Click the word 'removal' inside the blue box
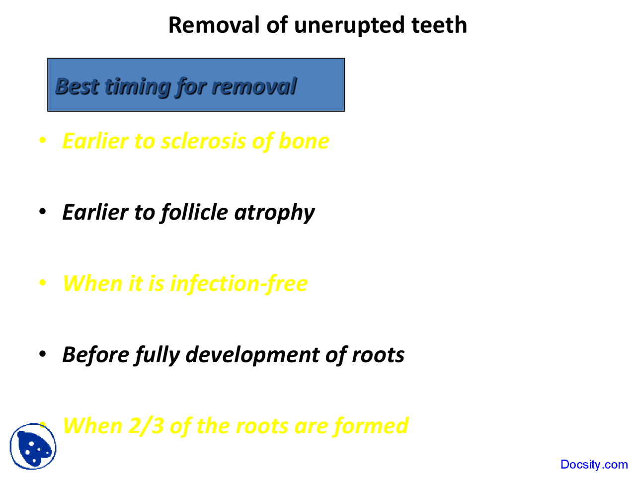(254, 86)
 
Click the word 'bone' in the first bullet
(304, 141)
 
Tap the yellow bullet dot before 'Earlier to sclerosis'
(43, 141)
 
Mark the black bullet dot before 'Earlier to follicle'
(43, 212)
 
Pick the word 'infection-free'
(238, 284)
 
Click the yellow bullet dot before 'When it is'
(43, 283)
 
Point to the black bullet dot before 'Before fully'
(43, 354)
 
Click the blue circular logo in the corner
(33, 446)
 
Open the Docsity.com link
(594, 465)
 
